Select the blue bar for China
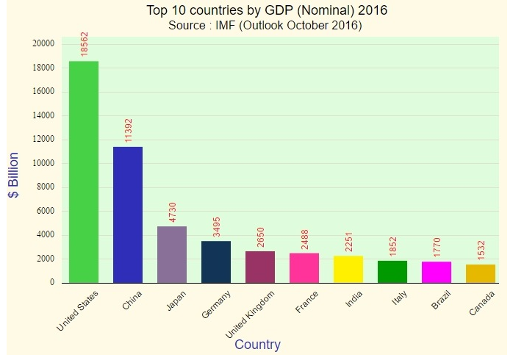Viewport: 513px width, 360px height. click(x=128, y=214)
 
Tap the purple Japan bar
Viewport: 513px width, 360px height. click(x=172, y=254)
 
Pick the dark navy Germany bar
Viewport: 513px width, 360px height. click(x=216, y=262)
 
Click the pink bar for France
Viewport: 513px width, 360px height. click(x=304, y=267)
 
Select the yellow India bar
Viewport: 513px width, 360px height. click(x=348, y=269)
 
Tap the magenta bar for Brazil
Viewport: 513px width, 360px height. click(x=437, y=272)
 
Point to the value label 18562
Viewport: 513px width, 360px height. click(x=85, y=44)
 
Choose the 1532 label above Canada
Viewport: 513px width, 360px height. click(x=481, y=249)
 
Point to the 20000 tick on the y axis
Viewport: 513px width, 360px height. click(x=43, y=44)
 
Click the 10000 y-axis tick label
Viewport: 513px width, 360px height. click(x=43, y=163)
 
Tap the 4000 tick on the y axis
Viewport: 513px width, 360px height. click(x=46, y=235)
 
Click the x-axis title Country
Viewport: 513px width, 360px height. click(x=257, y=345)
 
